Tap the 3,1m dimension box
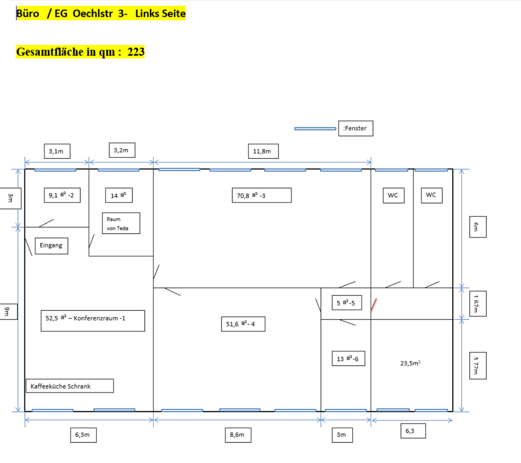pyautogui.click(x=56, y=151)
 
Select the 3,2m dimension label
pyautogui.click(x=121, y=150)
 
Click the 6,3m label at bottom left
pyautogui.click(x=82, y=434)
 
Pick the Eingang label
pyautogui.click(x=51, y=246)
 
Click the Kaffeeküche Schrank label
pyautogui.click(x=69, y=386)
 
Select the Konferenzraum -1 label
pyautogui.click(x=93, y=320)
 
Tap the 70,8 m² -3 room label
pyautogui.click(x=261, y=195)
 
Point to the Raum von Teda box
pyautogui.click(x=121, y=223)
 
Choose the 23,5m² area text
pyautogui.click(x=410, y=363)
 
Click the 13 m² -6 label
pyautogui.click(x=347, y=358)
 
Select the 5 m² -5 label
pyautogui.click(x=346, y=303)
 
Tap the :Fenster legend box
pyautogui.click(x=355, y=128)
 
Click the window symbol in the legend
pyautogui.click(x=315, y=128)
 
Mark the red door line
pyautogui.click(x=373, y=305)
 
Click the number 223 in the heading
pyautogui.click(x=136, y=52)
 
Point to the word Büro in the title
pyautogui.click(x=28, y=14)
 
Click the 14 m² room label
pyautogui.click(x=118, y=195)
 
